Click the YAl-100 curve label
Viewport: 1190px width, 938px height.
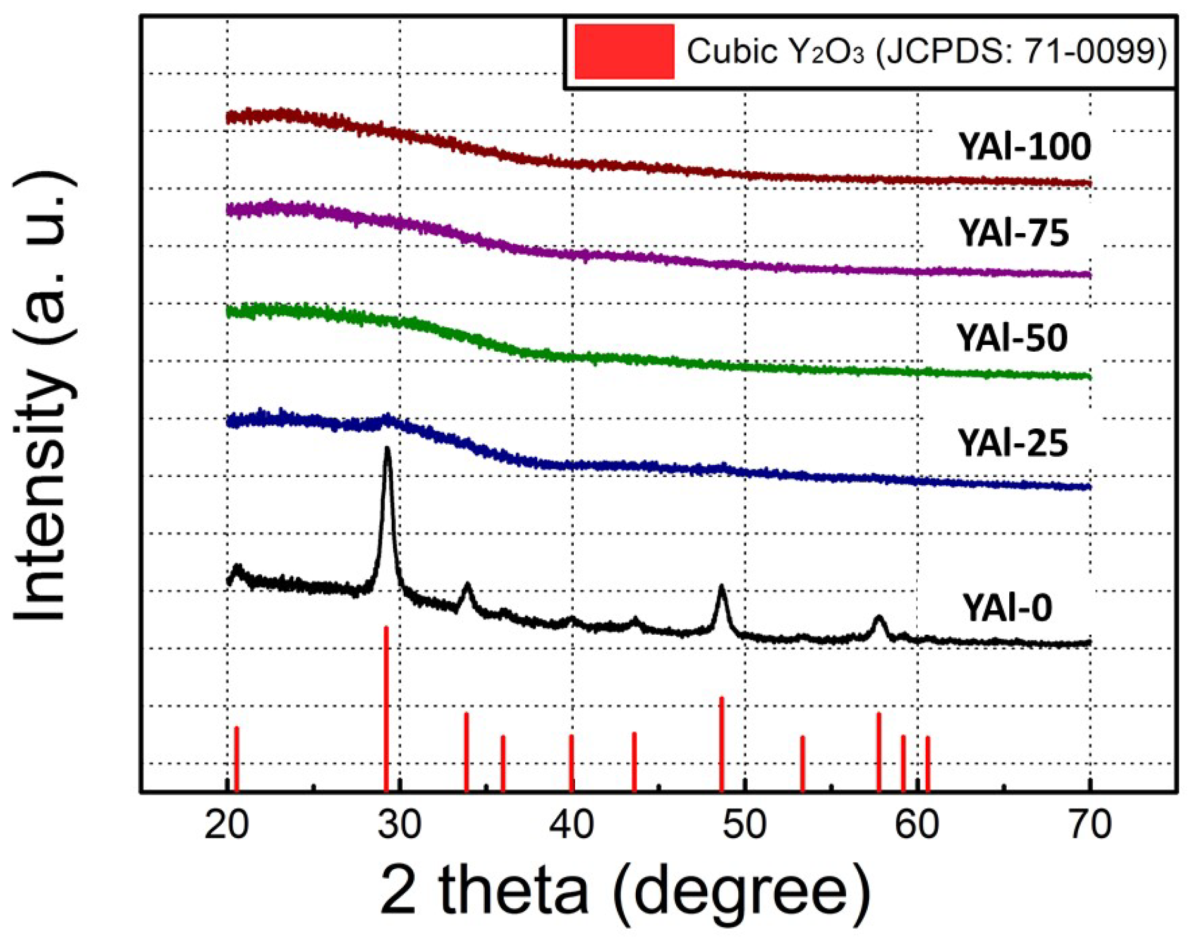coord(1024,147)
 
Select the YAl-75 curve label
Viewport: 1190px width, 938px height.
coord(1014,232)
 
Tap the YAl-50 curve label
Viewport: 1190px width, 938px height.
coord(1012,337)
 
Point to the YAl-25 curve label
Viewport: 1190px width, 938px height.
coord(1012,442)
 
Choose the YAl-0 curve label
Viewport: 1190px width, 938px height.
coord(1007,608)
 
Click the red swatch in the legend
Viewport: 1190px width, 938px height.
coord(624,52)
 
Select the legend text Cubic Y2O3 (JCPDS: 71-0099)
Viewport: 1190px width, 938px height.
coord(926,51)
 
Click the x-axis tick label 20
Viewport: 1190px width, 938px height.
coord(226,825)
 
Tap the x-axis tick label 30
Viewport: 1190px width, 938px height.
coord(399,825)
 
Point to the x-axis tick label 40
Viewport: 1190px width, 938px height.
coord(572,825)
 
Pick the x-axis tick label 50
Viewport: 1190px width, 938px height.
coord(744,825)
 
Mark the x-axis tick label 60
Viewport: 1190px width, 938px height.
coord(917,825)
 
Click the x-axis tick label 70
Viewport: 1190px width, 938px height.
coord(1090,825)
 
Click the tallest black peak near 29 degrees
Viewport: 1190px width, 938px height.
coord(387,450)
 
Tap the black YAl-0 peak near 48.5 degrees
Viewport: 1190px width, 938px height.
coord(722,589)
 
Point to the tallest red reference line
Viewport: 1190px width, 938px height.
coord(386,707)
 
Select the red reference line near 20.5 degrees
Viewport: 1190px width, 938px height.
coord(236,758)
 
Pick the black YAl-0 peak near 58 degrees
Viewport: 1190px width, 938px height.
coord(878,618)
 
